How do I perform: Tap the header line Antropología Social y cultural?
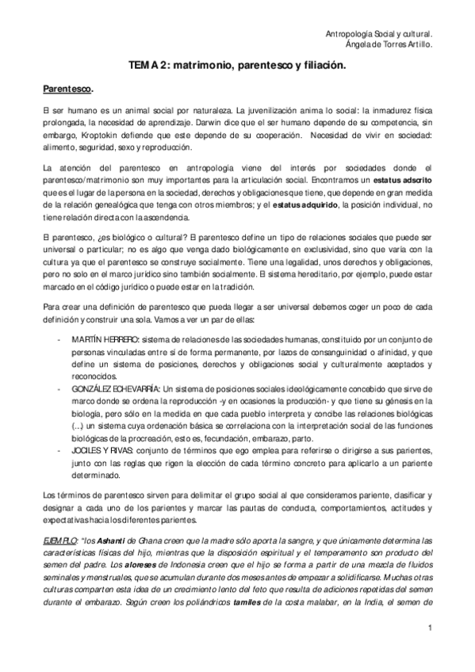(379, 35)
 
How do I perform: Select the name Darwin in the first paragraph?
(316, 124)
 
